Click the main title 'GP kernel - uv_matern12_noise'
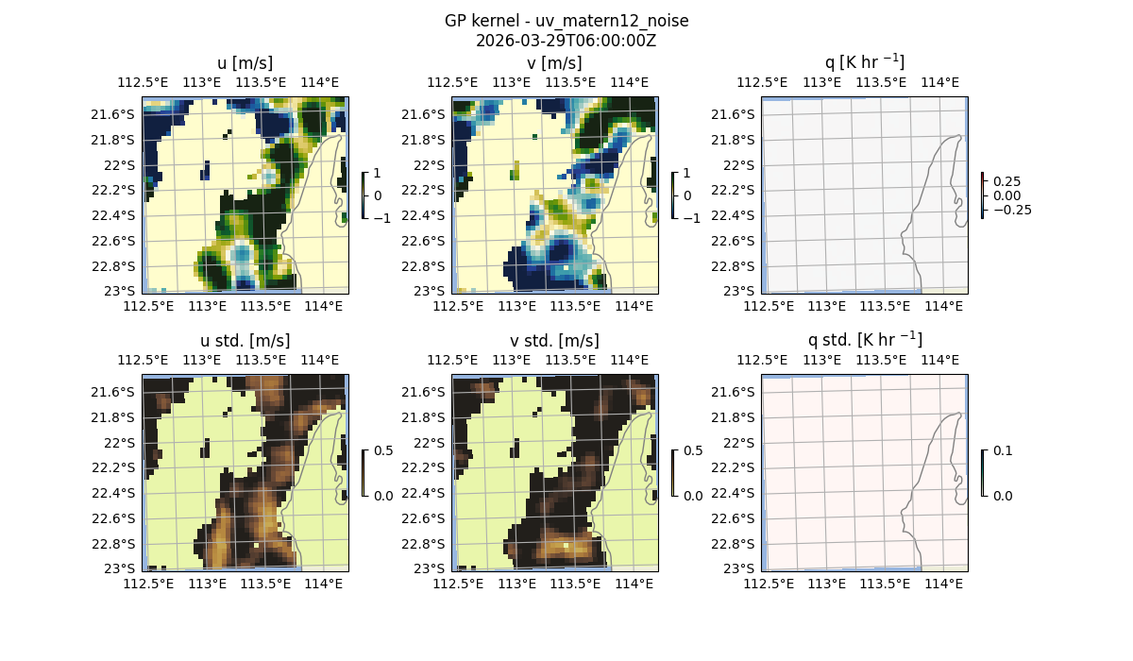click(566, 21)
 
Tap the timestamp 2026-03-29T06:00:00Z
click(566, 41)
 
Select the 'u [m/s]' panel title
click(245, 63)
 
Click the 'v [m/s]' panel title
click(554, 63)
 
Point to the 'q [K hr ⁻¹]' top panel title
click(864, 63)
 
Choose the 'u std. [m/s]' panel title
click(245, 341)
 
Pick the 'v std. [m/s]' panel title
click(554, 341)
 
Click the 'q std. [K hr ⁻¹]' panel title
click(864, 341)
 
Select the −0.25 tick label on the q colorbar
click(1013, 210)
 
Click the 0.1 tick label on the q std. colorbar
click(1003, 450)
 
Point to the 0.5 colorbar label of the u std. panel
click(383, 450)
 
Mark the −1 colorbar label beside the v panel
click(691, 217)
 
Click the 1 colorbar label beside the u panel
click(378, 174)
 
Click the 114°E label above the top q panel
click(940, 82)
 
